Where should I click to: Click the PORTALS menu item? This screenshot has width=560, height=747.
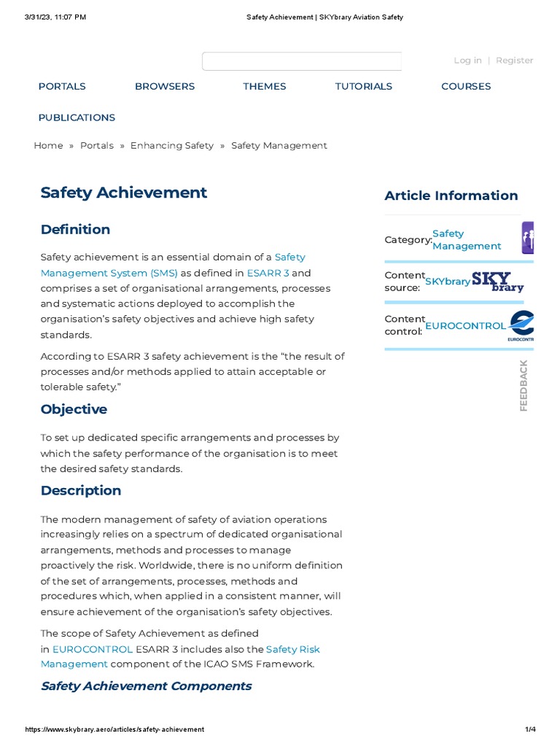click(62, 86)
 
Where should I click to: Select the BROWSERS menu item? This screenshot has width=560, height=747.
click(165, 86)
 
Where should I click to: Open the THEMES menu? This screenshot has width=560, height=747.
click(264, 86)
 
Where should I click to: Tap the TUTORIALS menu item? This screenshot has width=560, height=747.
click(363, 86)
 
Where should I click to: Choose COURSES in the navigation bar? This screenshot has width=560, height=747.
click(466, 86)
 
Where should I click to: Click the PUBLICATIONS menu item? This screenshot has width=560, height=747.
click(77, 117)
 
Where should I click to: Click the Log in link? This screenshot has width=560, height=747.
click(467, 61)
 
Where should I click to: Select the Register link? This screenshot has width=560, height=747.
click(514, 61)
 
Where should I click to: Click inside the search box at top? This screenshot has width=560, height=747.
click(301, 61)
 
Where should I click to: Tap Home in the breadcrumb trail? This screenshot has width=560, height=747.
click(48, 146)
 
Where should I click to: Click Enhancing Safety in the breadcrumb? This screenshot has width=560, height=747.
click(172, 146)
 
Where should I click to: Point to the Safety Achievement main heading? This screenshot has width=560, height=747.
click(124, 193)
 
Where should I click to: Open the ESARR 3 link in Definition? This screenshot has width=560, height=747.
click(268, 273)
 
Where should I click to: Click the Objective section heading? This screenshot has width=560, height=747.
click(74, 409)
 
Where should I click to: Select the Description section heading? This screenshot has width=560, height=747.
click(81, 491)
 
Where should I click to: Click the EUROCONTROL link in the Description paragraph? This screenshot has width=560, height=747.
click(93, 649)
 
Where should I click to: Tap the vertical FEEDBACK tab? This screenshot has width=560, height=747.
click(524, 385)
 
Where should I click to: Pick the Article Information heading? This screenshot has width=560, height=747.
click(451, 196)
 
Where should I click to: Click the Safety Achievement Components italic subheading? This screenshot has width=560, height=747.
click(146, 686)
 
